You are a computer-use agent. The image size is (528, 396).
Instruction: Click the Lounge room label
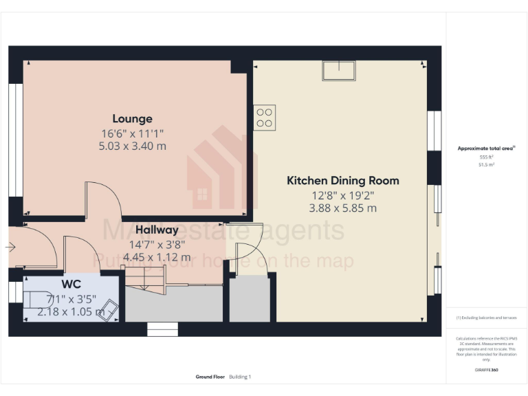pos(133,118)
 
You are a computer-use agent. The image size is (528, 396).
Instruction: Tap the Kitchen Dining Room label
pos(342,181)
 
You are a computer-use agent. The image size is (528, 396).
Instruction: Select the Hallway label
pos(157,230)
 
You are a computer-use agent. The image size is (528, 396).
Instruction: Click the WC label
pos(71,284)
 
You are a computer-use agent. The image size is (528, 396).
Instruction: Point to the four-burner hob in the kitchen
pos(264,117)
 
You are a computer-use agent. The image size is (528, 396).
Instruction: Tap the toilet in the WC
pos(35,300)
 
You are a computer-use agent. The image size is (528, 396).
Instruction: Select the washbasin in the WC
pos(110,311)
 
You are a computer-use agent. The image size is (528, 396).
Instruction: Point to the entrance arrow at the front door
pos(10,246)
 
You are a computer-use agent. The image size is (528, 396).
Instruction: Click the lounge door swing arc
pos(104,199)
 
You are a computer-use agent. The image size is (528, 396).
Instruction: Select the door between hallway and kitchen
pos(246,248)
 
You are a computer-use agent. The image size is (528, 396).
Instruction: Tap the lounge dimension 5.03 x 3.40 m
pos(133,146)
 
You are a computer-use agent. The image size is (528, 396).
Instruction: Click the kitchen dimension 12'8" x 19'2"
pos(342,195)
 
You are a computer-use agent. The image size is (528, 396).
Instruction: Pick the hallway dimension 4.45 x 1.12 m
pos(157,257)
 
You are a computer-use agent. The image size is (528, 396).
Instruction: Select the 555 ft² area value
pos(486,157)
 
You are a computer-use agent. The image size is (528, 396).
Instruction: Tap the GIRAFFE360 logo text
pos(486,370)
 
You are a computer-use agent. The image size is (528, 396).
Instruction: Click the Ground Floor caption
pos(209,377)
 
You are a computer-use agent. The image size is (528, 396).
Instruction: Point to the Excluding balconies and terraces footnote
pos(486,318)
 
